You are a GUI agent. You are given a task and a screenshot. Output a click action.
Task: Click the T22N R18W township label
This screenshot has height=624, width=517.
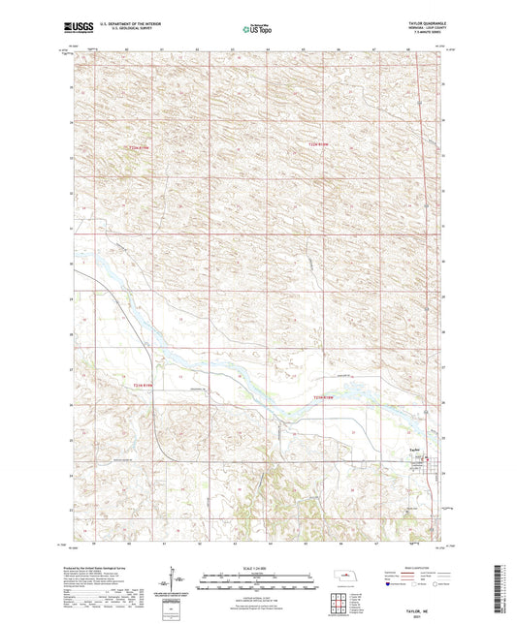coord(319,145)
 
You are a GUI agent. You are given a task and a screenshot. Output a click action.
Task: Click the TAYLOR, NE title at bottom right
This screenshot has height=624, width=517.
coord(425,600)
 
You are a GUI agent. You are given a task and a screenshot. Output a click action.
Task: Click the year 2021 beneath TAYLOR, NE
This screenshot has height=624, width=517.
coord(425,607)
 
